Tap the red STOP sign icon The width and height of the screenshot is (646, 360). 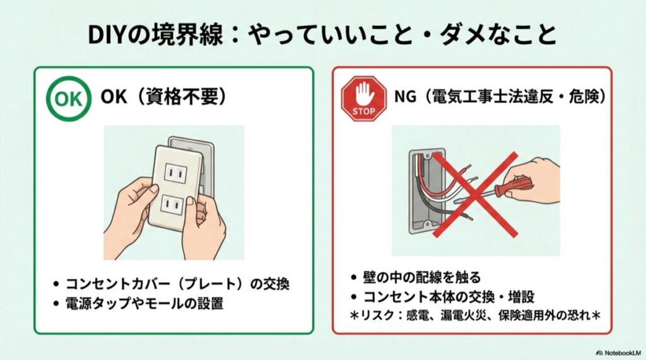point(363,98)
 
